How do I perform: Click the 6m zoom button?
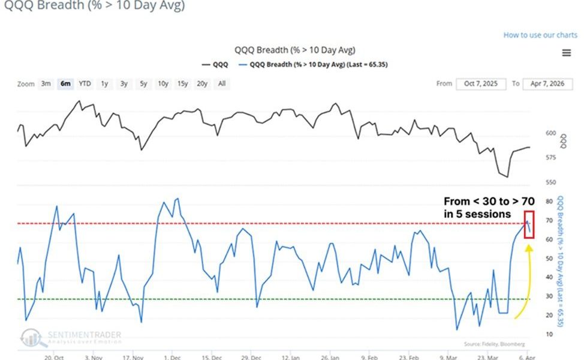[x=65, y=83]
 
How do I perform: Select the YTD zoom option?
[x=85, y=83]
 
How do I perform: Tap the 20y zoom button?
[x=202, y=83]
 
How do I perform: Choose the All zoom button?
[x=222, y=83]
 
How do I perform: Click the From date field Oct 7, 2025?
[x=481, y=83]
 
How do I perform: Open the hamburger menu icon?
[x=566, y=53]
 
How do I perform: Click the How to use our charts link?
[x=540, y=35]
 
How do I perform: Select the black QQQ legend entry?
[x=216, y=64]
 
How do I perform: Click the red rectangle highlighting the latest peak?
[x=529, y=225]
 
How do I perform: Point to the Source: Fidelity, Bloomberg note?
[x=494, y=344]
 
